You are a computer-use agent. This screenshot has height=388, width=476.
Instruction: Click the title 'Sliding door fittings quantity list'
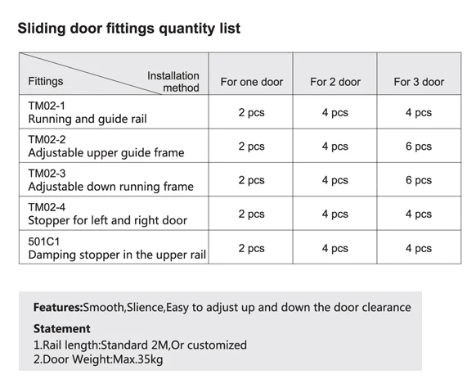coord(128,29)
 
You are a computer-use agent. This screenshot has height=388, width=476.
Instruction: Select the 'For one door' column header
coord(251,82)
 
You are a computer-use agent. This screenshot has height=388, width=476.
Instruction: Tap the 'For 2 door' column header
coord(335,82)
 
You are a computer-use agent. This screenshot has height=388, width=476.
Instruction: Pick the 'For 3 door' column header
coord(419,82)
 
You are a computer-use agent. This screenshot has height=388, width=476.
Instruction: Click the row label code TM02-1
coord(47,106)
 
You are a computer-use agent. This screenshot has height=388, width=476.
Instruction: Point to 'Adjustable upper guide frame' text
coord(106,153)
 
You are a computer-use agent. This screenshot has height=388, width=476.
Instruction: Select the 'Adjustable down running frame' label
coord(111,187)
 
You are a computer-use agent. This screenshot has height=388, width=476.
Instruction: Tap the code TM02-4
coord(47,207)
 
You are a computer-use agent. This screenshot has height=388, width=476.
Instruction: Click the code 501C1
coord(44,241)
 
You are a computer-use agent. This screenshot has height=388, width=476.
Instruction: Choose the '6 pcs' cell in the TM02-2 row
coord(419,147)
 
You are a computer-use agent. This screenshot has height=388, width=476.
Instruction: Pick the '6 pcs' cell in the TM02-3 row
coord(419,180)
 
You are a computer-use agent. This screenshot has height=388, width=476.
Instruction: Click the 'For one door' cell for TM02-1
coord(251,113)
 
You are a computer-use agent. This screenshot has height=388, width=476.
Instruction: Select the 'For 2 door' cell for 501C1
coord(335,248)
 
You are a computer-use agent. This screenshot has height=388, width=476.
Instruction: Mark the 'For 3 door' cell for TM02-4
coord(419,214)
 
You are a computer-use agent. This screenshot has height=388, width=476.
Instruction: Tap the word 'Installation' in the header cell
coord(173,76)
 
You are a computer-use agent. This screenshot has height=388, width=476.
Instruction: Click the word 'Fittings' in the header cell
coord(46,82)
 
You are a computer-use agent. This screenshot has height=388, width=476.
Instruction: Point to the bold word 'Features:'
coord(58,308)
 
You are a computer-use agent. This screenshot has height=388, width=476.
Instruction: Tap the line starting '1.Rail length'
coord(140,345)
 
